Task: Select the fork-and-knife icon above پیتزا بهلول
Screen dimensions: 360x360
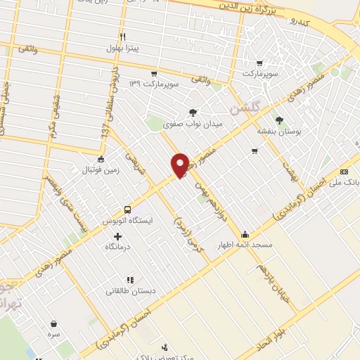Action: tap(122, 37)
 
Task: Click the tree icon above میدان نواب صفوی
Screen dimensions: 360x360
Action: tap(193, 111)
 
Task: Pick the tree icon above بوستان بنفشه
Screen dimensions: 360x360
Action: tap(279, 120)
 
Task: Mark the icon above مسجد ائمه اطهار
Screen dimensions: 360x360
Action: tap(245, 234)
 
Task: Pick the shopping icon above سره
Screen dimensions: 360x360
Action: tap(54, 324)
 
